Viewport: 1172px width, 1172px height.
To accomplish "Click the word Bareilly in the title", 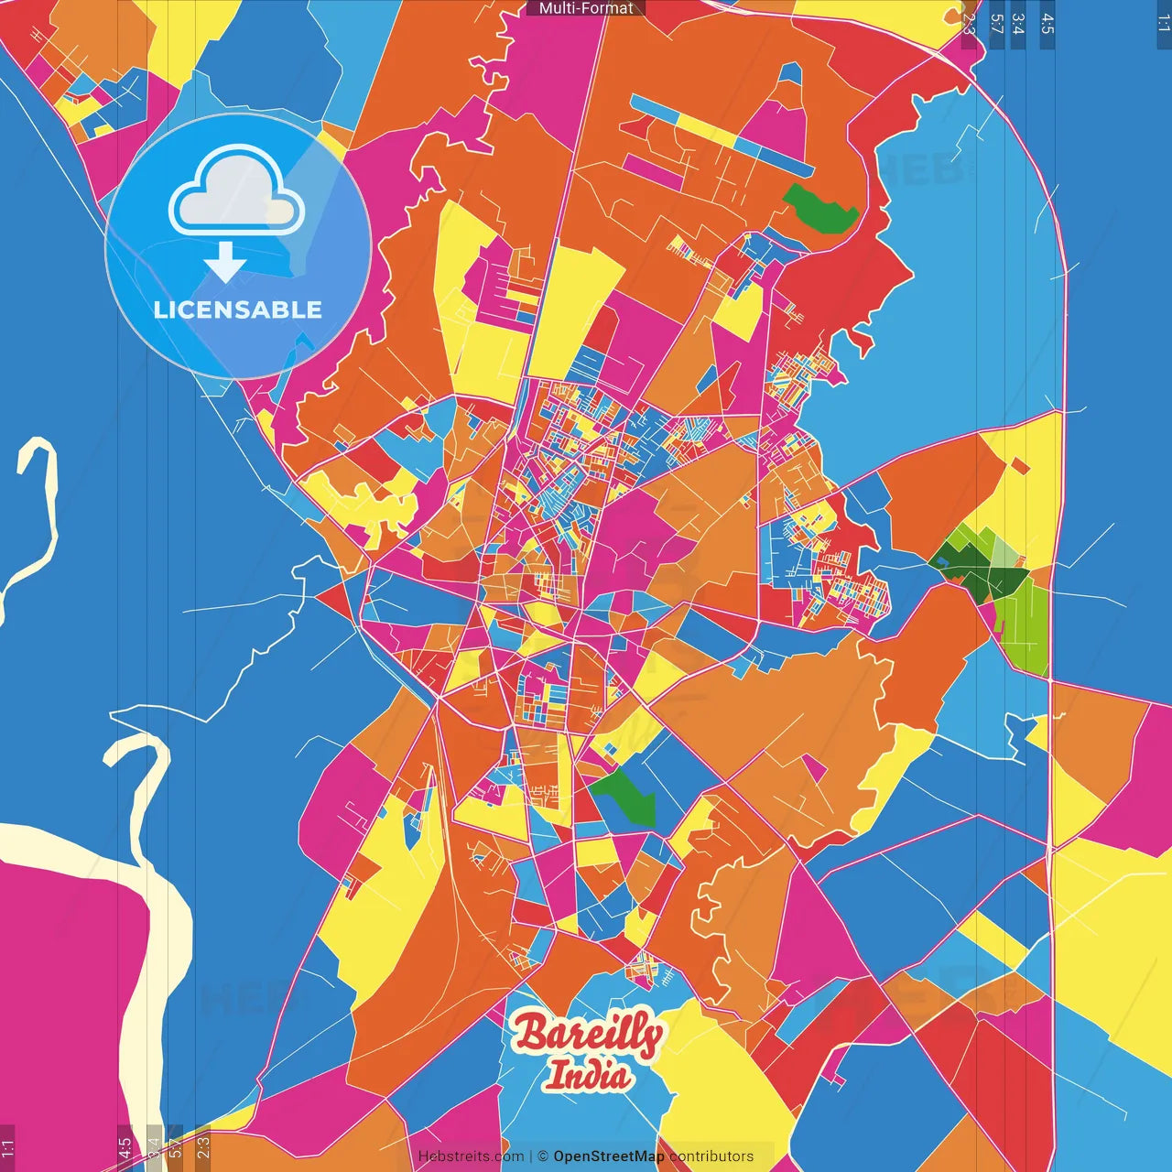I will tap(588, 1035).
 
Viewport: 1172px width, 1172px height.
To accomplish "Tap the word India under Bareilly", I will tap(588, 1075).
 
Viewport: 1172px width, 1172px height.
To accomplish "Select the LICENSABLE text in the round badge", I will tap(238, 309).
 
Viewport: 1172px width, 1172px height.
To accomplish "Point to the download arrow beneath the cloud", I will tap(225, 262).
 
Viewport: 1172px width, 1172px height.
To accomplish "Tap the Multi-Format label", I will tap(586, 8).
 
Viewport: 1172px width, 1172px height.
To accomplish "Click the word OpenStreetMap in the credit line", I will tap(608, 1156).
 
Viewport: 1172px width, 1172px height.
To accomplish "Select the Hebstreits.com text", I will tap(471, 1156).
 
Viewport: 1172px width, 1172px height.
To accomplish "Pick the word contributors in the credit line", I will tap(711, 1156).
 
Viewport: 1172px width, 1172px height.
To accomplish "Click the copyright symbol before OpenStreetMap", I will tap(542, 1156).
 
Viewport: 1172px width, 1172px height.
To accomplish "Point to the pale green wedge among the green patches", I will tap(1004, 552).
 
